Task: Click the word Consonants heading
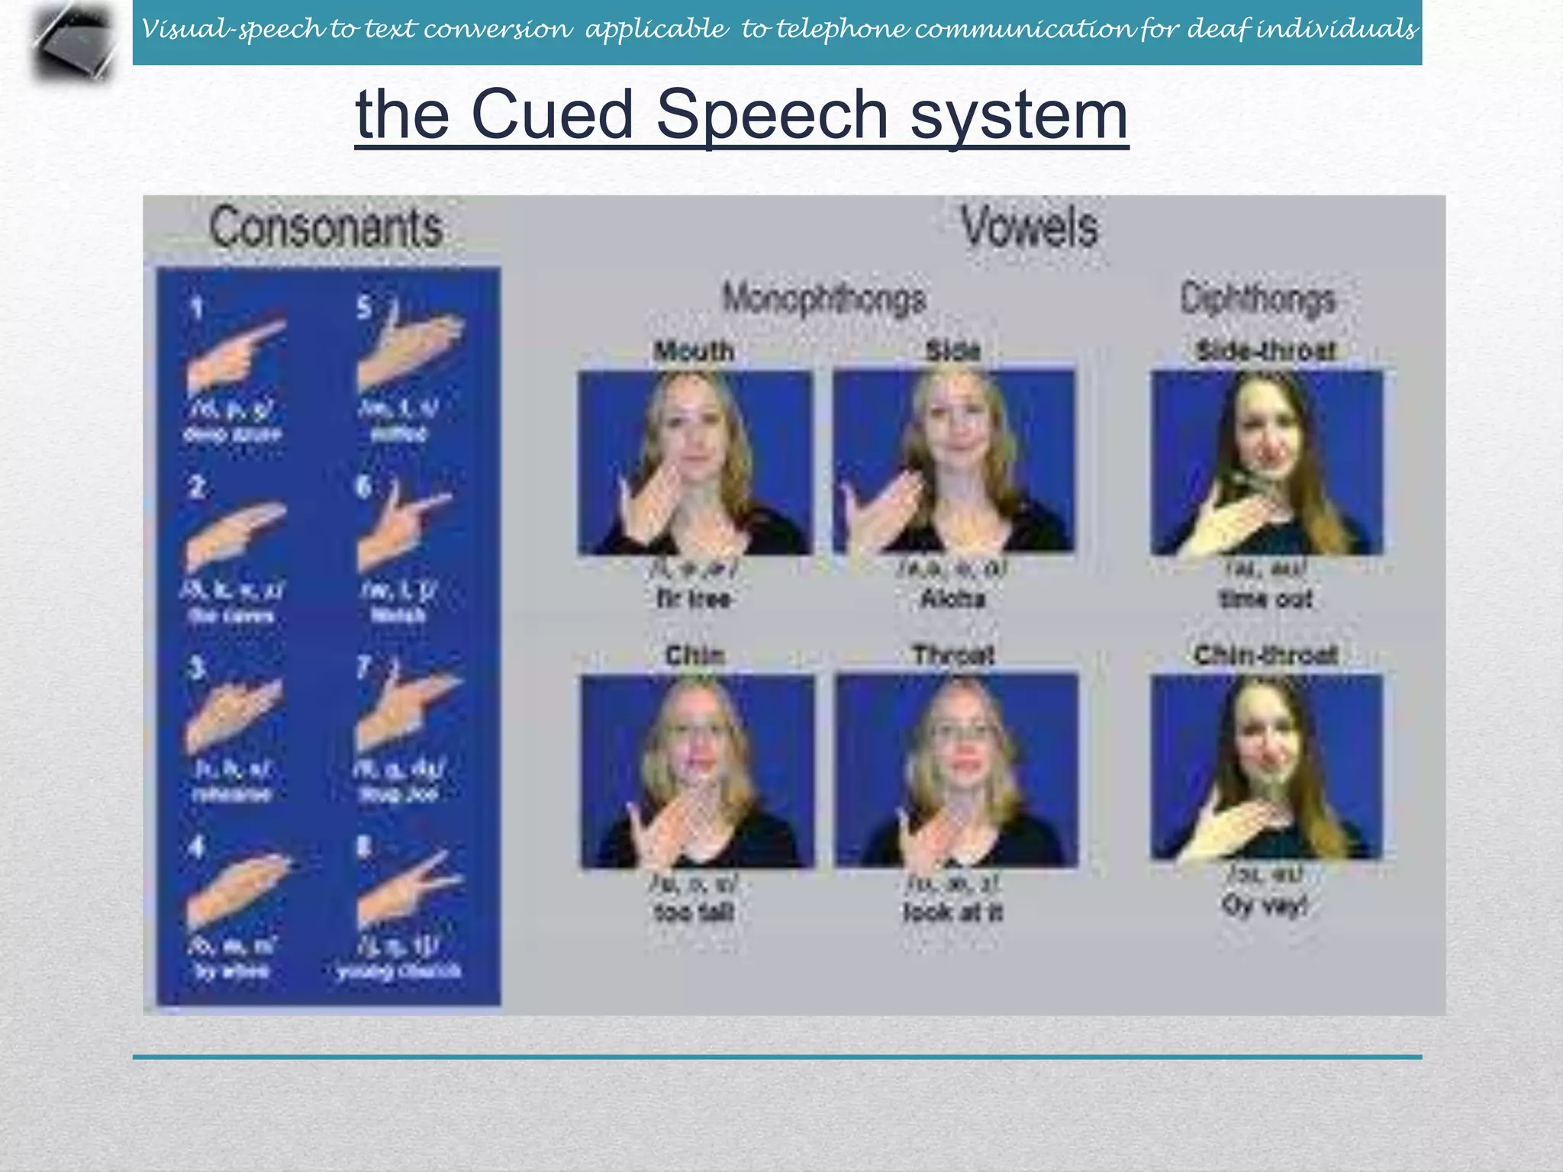(326, 227)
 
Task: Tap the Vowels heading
(1029, 227)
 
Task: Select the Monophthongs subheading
(824, 298)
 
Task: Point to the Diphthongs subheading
(1258, 298)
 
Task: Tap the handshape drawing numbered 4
(238, 889)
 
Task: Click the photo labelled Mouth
(694, 462)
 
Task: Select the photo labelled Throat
(957, 771)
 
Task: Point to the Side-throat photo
(1267, 462)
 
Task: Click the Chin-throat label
(1266, 655)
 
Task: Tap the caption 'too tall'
(694, 912)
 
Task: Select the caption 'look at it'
(953, 912)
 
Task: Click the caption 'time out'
(1266, 599)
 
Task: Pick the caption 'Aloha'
(953, 599)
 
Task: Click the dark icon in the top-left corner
(75, 42)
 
